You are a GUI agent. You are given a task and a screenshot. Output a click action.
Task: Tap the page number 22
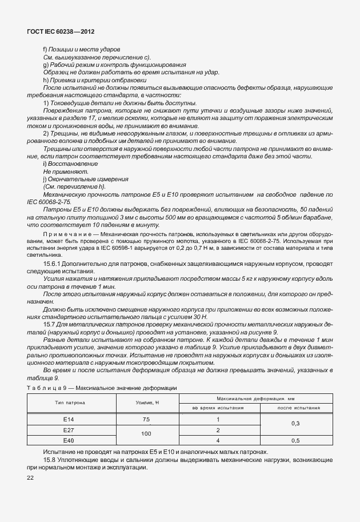coord(30,477)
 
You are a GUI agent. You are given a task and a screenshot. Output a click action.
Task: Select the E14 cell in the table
coord(69,419)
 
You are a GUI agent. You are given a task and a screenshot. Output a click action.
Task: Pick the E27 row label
coord(69,430)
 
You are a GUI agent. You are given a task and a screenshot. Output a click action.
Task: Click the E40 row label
coord(69,440)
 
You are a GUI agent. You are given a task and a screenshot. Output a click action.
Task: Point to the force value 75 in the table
coord(146,419)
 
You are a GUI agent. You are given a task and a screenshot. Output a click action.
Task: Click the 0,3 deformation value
coord(295,424)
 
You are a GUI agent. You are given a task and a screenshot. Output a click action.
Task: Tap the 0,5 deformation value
coord(295,440)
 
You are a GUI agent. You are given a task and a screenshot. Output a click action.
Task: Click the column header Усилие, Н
coord(146,403)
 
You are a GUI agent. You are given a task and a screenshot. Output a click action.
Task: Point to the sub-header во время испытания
coord(218,408)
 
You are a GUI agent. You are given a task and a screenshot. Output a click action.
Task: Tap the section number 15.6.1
coord(53,265)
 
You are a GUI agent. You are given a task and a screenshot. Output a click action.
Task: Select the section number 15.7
coord(49,324)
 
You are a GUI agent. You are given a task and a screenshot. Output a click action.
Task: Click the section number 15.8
coord(49,460)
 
